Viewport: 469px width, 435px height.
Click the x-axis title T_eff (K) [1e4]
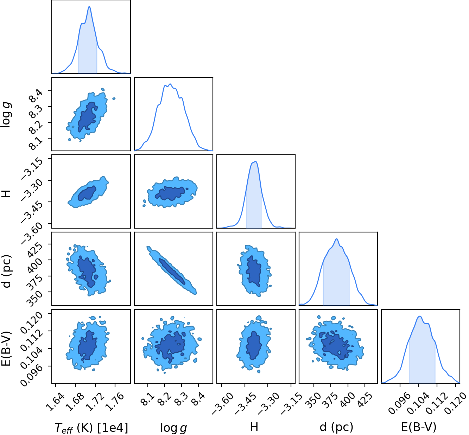pos(91,428)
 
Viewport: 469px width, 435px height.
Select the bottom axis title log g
pos(173,428)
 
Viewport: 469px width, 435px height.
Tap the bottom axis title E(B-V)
pos(419,427)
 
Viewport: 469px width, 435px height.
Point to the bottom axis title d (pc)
pos(336,427)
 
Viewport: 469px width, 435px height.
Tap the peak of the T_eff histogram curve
pos(89,6)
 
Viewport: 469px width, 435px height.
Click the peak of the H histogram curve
pos(256,161)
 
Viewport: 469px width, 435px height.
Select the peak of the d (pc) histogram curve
pos(336,239)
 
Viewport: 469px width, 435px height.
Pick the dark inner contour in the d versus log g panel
pos(172,271)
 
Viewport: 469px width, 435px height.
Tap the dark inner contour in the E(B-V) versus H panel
pos(254,345)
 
